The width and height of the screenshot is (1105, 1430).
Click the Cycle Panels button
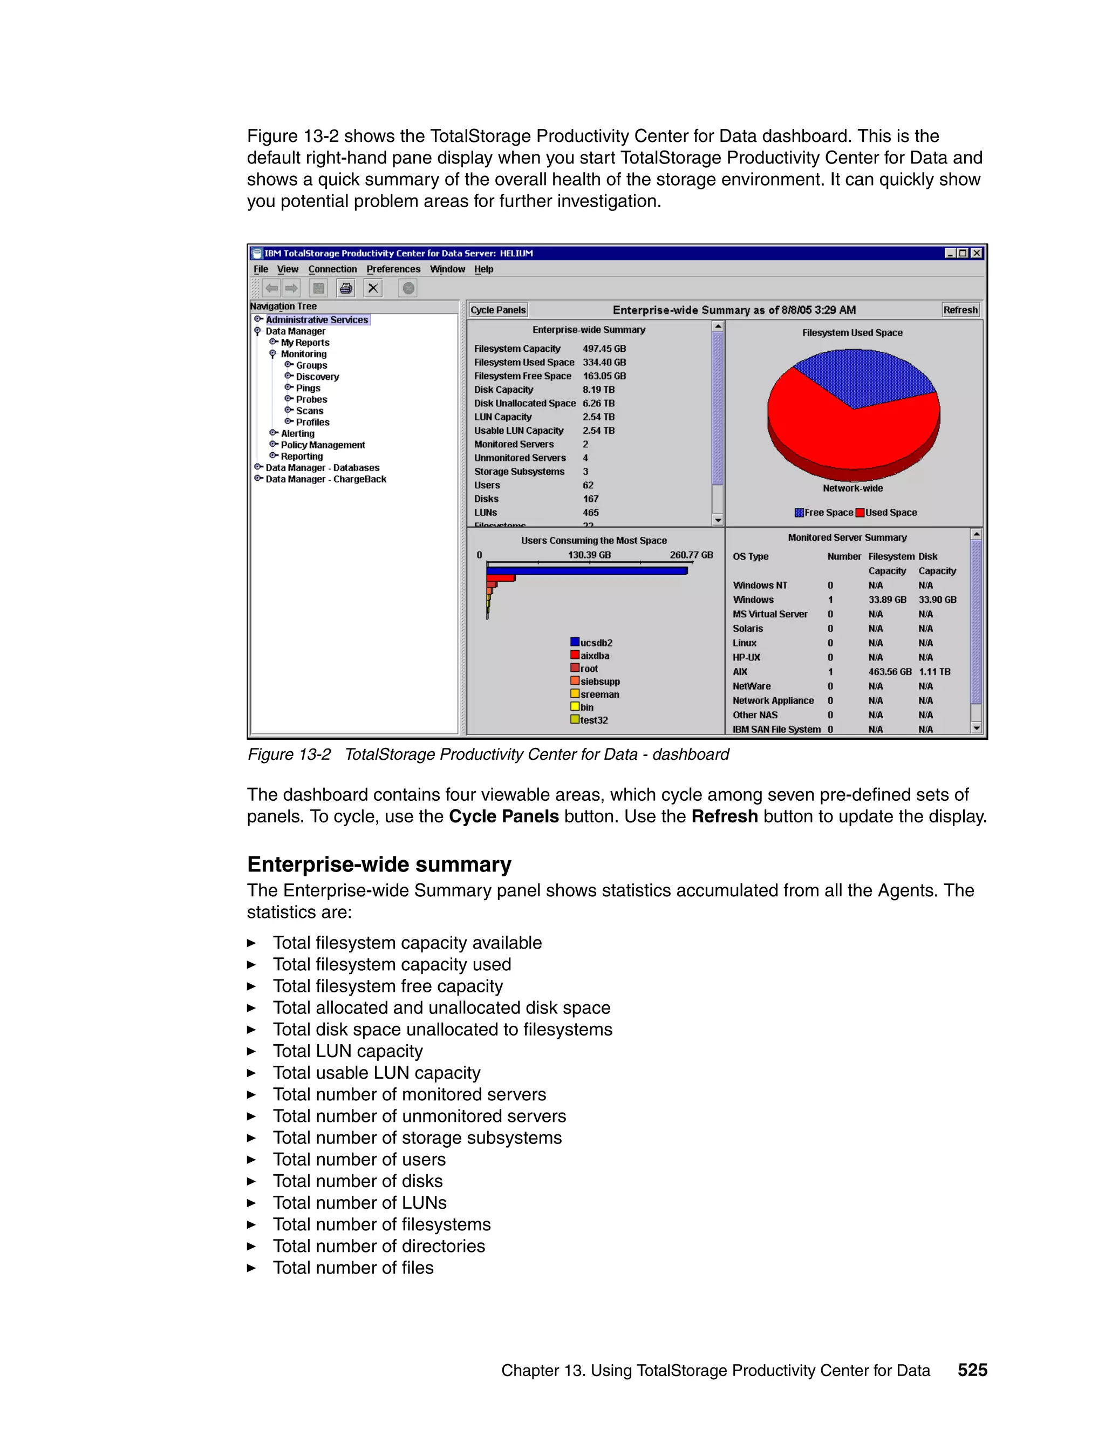(498, 310)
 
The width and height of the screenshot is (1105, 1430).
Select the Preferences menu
(393, 269)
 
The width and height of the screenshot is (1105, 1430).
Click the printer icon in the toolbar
(346, 288)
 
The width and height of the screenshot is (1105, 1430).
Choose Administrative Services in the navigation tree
(317, 319)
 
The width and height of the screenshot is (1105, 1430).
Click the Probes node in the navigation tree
(311, 399)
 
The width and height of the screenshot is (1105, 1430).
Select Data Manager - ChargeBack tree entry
(325, 479)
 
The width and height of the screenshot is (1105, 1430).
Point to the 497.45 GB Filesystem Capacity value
(604, 349)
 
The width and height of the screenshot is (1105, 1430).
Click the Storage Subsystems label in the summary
(519, 472)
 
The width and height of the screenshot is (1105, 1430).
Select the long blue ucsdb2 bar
(586, 571)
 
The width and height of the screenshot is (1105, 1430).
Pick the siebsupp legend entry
(599, 682)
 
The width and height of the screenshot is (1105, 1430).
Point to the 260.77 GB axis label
(691, 555)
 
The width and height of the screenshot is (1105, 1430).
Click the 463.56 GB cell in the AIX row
(889, 672)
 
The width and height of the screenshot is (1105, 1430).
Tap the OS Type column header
(750, 556)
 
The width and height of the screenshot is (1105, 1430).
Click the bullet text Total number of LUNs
(359, 1203)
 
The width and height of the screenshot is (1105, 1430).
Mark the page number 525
(972, 1370)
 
